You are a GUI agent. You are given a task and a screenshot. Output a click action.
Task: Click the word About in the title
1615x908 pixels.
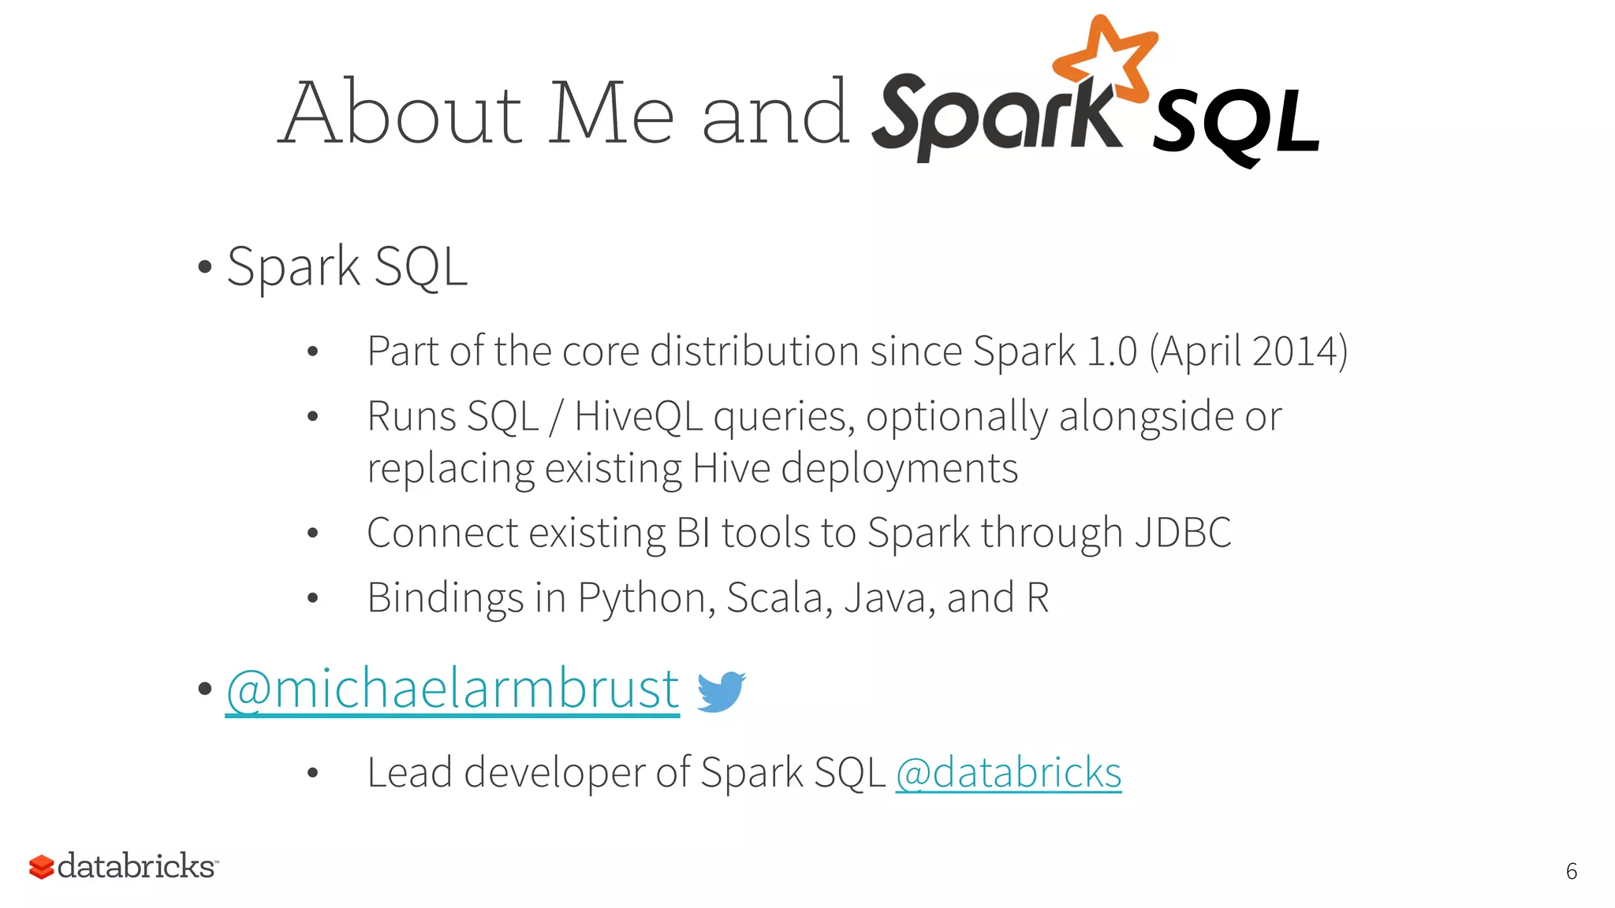click(402, 113)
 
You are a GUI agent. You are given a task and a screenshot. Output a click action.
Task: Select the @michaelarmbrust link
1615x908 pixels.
click(453, 689)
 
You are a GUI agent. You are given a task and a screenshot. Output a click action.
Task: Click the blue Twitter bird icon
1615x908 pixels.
click(721, 690)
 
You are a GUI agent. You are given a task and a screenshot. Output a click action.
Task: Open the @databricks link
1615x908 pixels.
click(1008, 772)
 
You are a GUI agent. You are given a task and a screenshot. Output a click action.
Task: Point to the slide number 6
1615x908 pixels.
click(1571, 871)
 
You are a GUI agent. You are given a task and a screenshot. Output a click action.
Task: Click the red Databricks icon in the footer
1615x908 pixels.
click(41, 866)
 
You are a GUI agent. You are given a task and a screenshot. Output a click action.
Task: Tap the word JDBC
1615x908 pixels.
click(1182, 533)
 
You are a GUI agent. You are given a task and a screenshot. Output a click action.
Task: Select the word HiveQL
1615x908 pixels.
click(638, 416)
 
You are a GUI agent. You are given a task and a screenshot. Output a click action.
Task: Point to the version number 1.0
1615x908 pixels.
click(1111, 352)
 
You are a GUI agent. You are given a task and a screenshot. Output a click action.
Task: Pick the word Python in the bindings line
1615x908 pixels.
click(646, 598)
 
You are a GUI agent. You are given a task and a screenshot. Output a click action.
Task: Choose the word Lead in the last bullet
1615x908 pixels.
click(410, 772)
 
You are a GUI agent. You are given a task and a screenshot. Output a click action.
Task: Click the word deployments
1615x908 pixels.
click(899, 469)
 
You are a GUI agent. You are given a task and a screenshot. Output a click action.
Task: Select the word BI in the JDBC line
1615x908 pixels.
click(693, 533)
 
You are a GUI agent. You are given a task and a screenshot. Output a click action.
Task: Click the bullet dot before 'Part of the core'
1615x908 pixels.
click(312, 352)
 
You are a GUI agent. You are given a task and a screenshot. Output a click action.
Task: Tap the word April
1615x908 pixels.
click(1199, 352)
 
